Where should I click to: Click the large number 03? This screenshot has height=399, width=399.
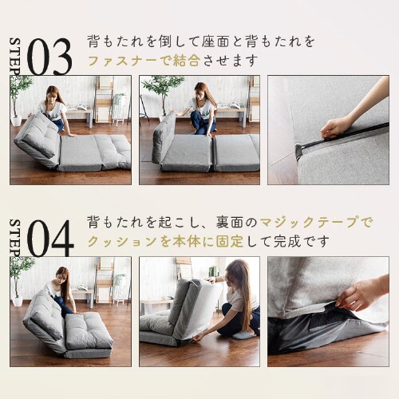pyautogui.click(x=50, y=56)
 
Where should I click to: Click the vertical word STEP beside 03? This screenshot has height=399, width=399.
pyautogui.click(x=14, y=56)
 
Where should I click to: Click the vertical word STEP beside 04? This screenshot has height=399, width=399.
pyautogui.click(x=14, y=236)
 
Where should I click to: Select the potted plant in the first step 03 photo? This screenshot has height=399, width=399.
pyautogui.click(x=20, y=96)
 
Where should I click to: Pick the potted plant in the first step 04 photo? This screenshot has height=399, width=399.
pyautogui.click(x=20, y=275)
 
